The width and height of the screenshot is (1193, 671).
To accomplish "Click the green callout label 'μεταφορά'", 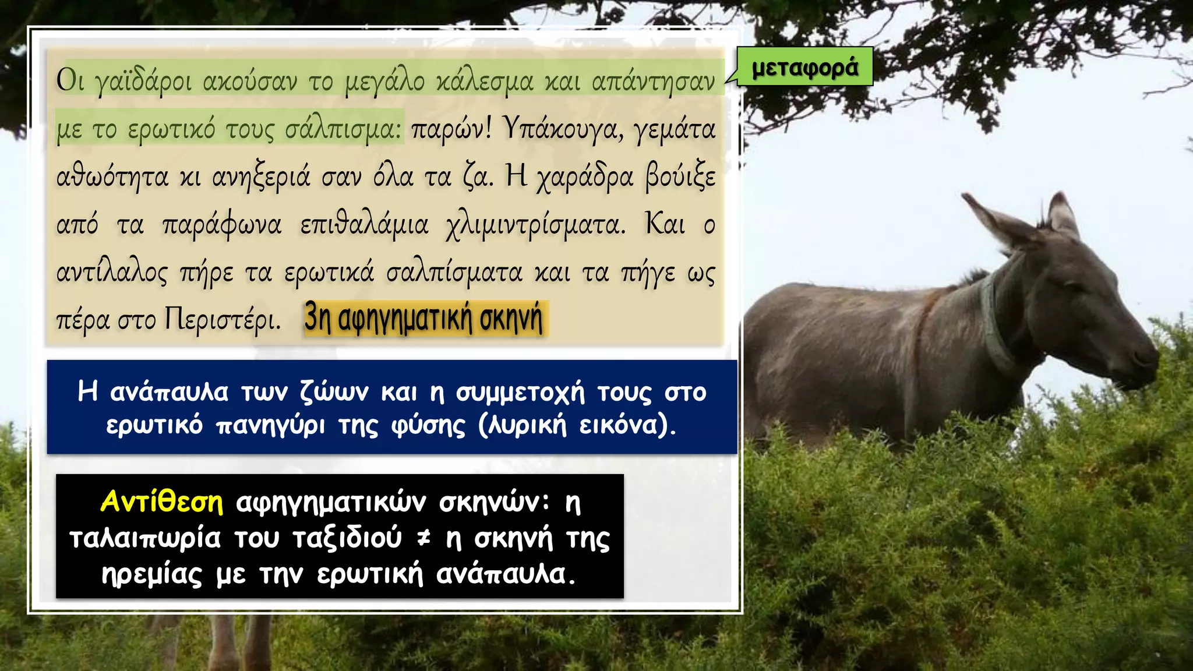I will pos(805,68).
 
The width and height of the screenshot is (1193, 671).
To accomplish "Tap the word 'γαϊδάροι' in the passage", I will pos(143,82).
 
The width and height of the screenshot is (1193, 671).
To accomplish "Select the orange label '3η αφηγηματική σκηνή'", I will pos(424,319).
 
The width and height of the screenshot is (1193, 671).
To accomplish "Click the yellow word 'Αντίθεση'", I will pos(162,502).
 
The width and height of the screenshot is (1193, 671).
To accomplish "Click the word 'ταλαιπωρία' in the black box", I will pos(145,538).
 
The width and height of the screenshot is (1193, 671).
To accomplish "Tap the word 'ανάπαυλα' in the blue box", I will pos(170,392).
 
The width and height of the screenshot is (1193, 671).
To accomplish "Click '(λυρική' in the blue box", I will pos(522,425).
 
